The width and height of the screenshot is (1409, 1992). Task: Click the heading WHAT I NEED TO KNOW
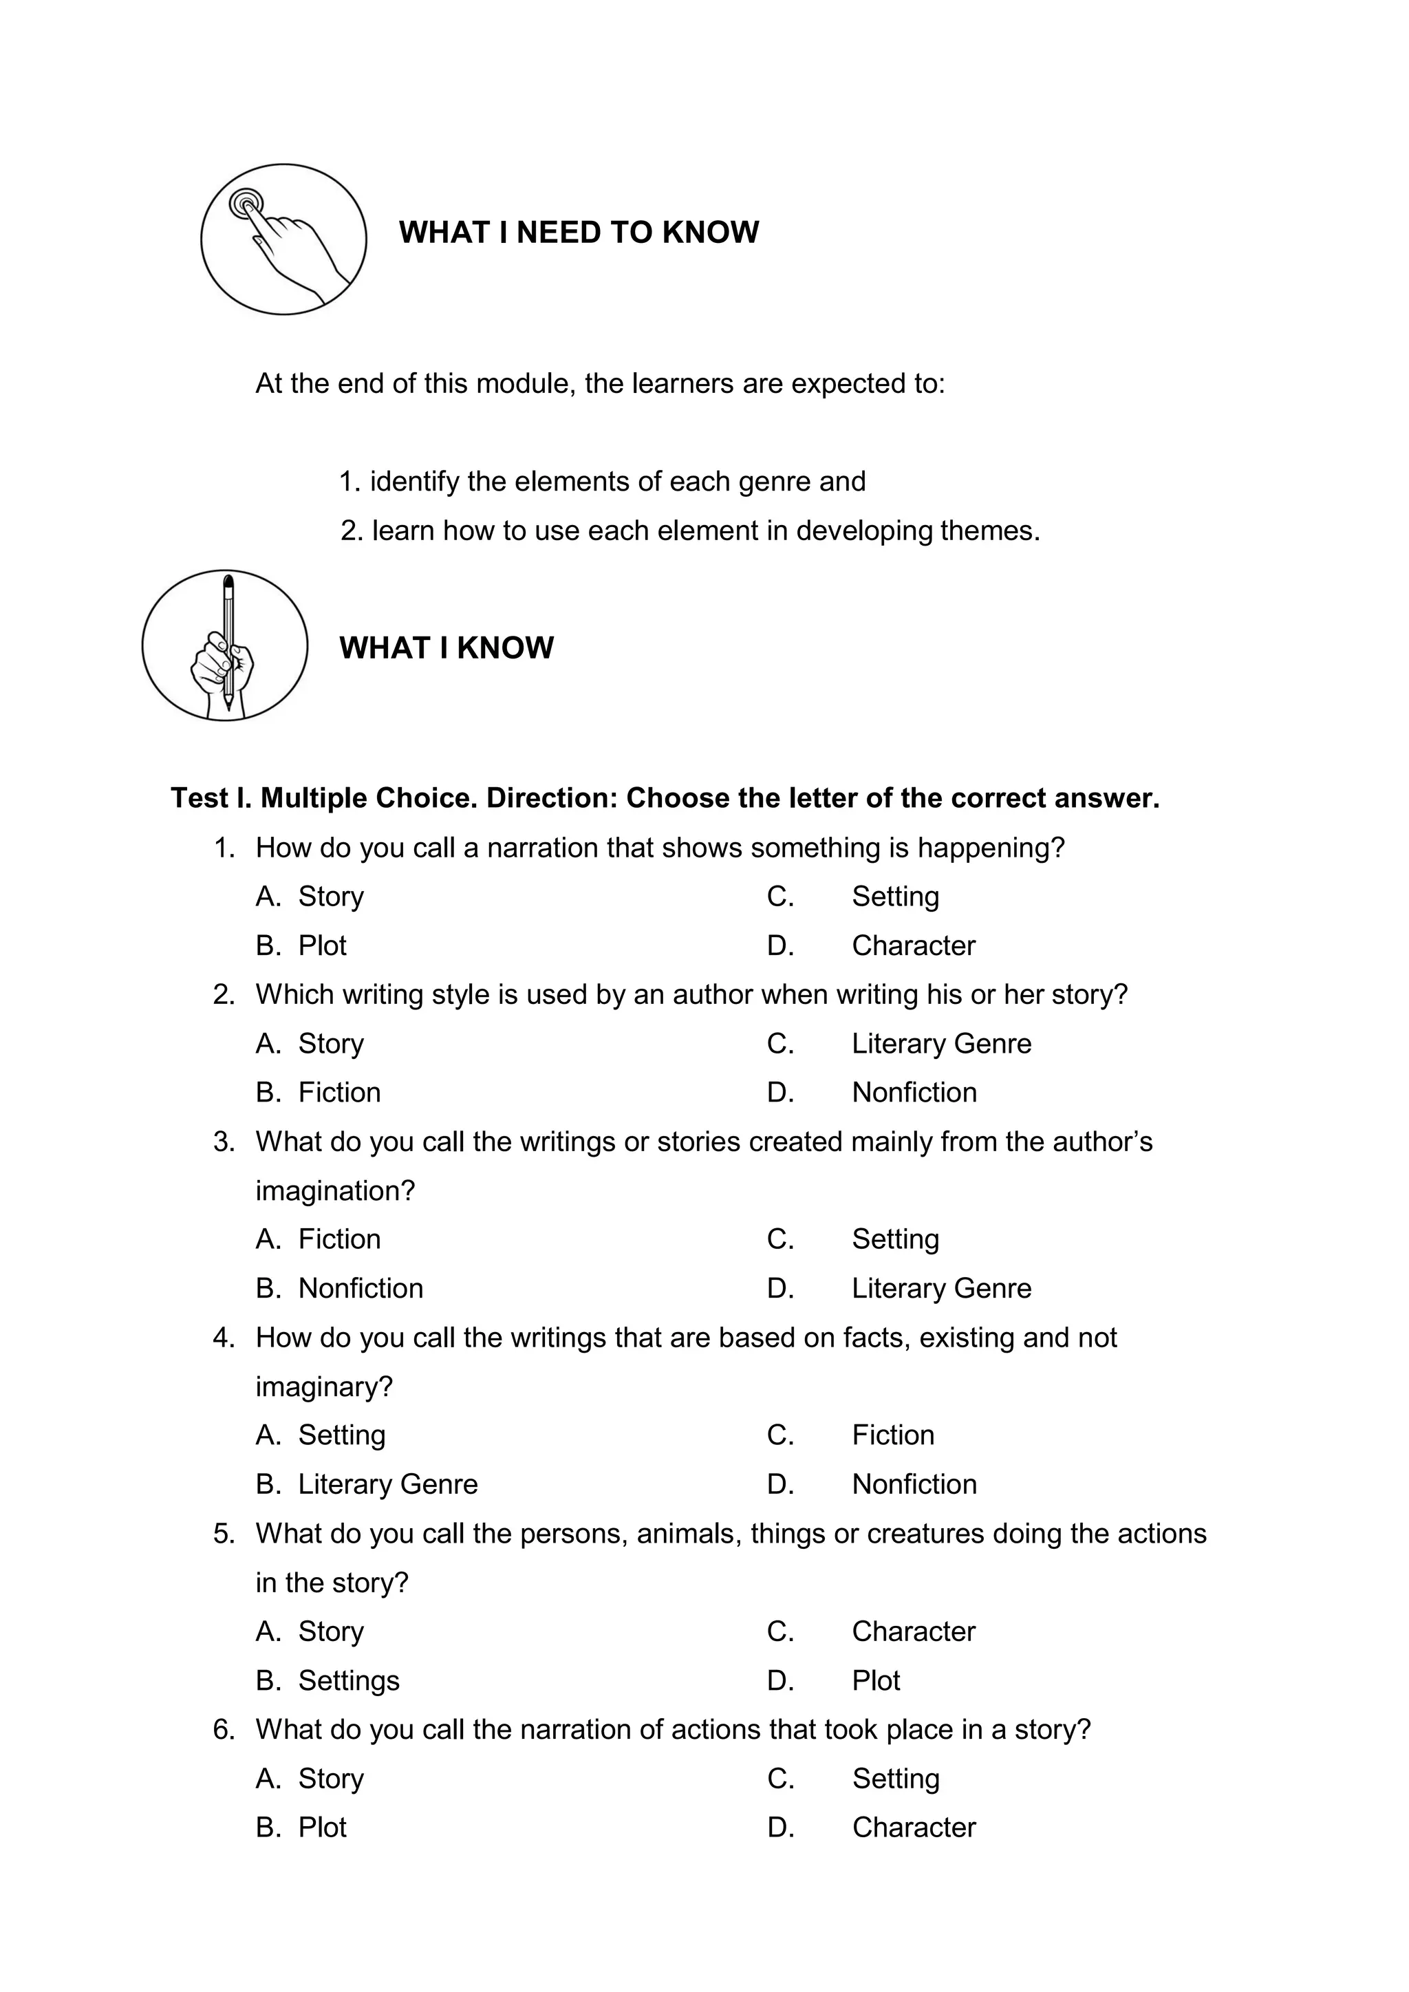[579, 233]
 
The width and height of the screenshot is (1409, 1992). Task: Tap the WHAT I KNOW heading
[446, 648]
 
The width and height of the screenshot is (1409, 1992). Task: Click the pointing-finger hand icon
[283, 239]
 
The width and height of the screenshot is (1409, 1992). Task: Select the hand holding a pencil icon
[225, 645]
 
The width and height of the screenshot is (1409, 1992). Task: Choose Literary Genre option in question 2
[941, 1044]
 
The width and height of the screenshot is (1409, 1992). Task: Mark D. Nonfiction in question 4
[914, 1484]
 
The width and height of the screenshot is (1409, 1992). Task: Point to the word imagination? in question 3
[335, 1191]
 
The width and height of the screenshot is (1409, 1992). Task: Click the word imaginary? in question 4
[323, 1387]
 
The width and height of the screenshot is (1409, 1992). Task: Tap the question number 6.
[223, 1730]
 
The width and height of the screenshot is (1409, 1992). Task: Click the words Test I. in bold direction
[211, 798]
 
